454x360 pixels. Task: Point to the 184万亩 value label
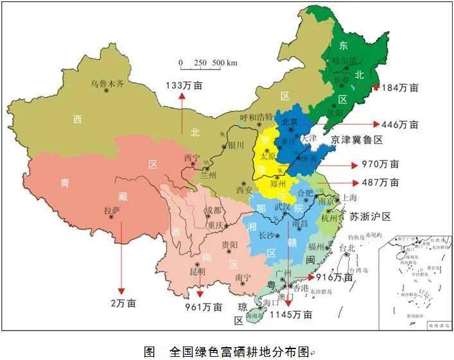coord(401,87)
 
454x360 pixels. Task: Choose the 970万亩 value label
coord(380,164)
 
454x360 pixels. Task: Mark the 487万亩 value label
coord(380,182)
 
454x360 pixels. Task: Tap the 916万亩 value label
coord(335,277)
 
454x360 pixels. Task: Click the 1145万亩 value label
coord(291,314)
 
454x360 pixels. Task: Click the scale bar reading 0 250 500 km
coord(208,63)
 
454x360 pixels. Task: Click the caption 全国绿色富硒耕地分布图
coord(238,352)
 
